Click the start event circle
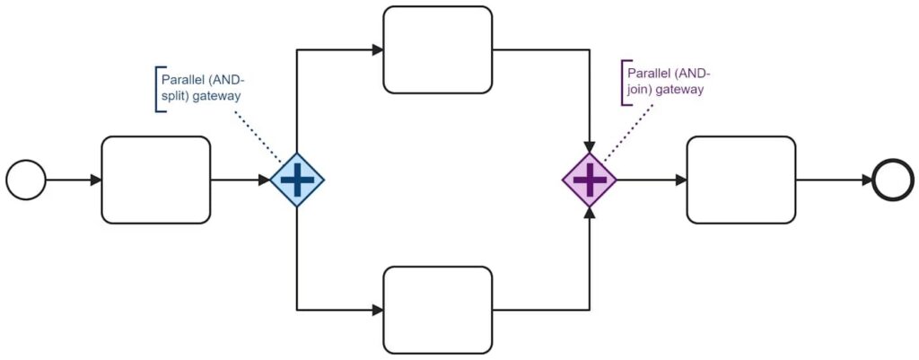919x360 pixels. [26, 180]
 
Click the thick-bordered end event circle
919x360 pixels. [894, 180]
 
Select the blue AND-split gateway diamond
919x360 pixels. [297, 180]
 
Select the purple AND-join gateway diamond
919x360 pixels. [589, 180]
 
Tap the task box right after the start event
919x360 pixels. [155, 180]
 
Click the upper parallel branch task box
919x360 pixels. [437, 49]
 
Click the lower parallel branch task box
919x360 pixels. [437, 310]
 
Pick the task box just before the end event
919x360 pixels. [740, 180]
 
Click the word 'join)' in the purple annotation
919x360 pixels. [641, 90]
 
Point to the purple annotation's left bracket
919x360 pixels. [623, 83]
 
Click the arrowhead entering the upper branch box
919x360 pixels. [377, 49]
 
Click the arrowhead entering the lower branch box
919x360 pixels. [377, 310]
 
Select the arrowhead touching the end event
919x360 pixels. [867, 180]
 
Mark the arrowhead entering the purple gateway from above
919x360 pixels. [589, 145]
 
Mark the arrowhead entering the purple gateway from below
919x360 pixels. [589, 214]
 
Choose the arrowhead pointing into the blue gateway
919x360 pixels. [264, 180]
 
